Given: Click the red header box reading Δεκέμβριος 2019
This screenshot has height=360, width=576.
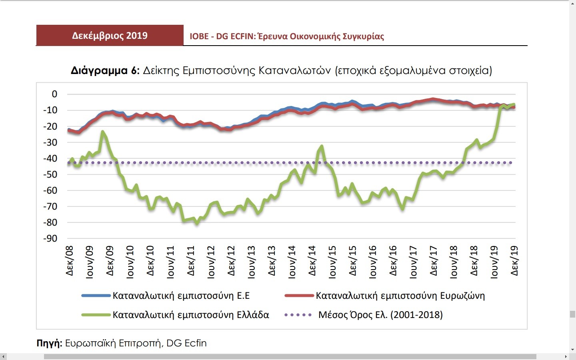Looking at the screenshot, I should tap(110, 36).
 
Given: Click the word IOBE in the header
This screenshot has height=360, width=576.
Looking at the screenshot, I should tap(199, 36).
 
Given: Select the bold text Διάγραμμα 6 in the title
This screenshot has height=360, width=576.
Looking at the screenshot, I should tap(105, 71).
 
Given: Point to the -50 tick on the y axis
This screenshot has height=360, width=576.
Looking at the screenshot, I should tap(50, 174).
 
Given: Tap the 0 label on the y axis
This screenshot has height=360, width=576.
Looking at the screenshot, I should tap(54, 94).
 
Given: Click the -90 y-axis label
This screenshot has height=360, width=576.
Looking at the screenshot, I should tap(50, 238).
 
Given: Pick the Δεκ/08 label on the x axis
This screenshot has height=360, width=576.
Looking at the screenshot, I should tap(70, 261).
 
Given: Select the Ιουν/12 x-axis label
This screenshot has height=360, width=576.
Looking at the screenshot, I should tap(211, 262).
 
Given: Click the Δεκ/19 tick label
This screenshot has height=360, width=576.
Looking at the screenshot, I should tap(514, 261).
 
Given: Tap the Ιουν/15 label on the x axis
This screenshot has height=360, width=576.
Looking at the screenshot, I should tap(332, 262).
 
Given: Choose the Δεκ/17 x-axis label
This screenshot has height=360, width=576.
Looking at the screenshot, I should tap(434, 261).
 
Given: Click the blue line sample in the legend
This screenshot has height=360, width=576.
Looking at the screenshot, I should tap(96, 296).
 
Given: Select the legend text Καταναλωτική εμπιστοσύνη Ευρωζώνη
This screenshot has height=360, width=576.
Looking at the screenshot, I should tap(400, 296).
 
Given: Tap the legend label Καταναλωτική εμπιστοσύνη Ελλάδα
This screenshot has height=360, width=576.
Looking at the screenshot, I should tap(190, 315).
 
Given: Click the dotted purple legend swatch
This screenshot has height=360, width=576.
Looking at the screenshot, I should tap(298, 315).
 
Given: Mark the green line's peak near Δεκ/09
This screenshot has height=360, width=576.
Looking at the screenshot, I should tap(103, 132).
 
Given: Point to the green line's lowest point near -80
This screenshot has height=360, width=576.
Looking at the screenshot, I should tap(196, 223).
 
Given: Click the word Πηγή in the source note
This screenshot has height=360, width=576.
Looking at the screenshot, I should tap(49, 343).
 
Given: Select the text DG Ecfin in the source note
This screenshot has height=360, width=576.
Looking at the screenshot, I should tap(186, 343).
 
